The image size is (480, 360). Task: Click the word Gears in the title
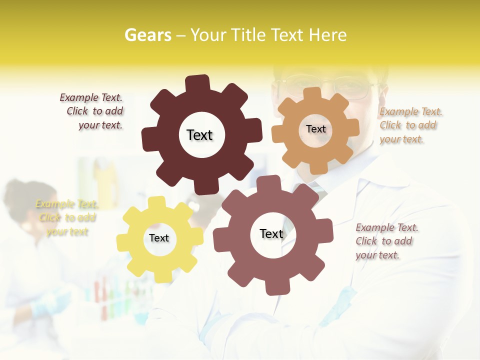tap(148, 35)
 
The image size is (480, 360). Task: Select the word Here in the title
tap(327, 35)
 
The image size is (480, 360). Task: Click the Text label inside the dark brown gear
tap(199, 135)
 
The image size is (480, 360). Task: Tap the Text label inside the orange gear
tap(315, 129)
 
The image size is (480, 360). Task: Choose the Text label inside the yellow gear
tap(159, 238)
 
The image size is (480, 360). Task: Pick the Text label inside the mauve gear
tap(271, 233)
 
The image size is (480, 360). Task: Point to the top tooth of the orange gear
tap(311, 93)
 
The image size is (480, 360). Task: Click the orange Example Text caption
tap(410, 125)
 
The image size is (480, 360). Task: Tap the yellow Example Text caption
tap(66, 217)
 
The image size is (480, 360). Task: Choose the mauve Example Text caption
tap(386, 241)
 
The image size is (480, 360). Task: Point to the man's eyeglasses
tap(330, 85)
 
